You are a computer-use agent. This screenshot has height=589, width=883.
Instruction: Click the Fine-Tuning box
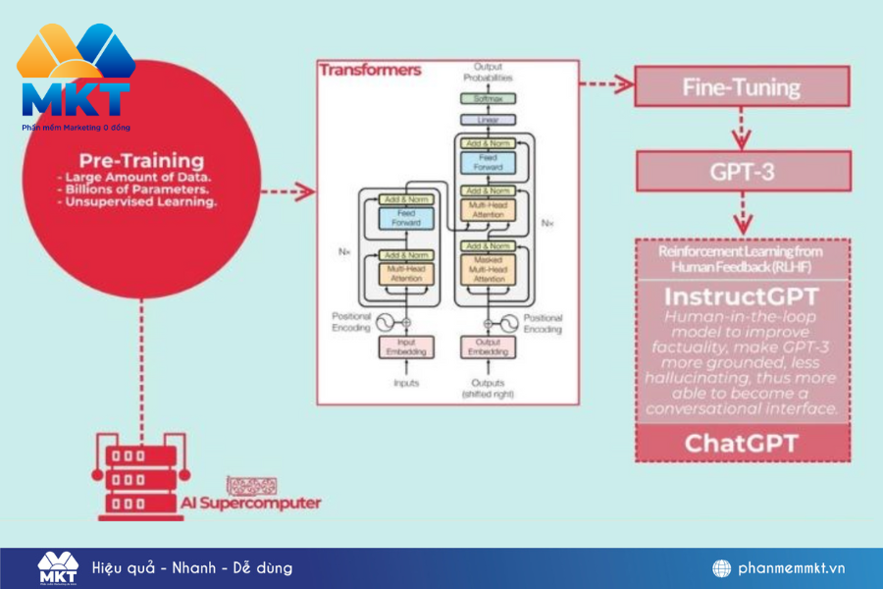(742, 86)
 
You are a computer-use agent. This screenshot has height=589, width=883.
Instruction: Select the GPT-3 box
(742, 171)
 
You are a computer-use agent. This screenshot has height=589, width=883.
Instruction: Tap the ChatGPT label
(742, 443)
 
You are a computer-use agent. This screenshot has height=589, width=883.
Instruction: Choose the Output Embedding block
(488, 348)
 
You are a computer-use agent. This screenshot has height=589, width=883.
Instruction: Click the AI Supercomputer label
(250, 503)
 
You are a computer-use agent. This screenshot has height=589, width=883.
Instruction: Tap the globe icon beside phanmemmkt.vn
(721, 568)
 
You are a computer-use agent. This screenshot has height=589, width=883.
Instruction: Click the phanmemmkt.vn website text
(792, 568)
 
